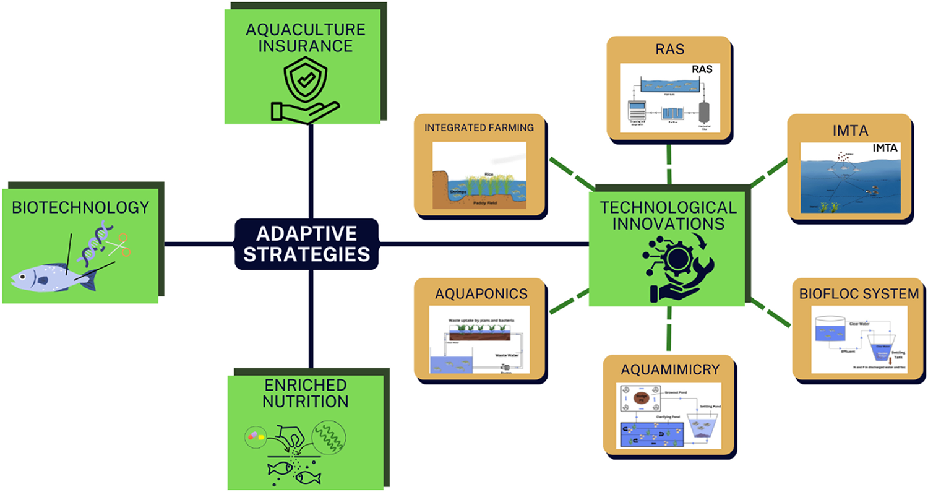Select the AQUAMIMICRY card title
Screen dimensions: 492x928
click(x=669, y=369)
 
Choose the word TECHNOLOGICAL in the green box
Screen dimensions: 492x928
click(x=669, y=207)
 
